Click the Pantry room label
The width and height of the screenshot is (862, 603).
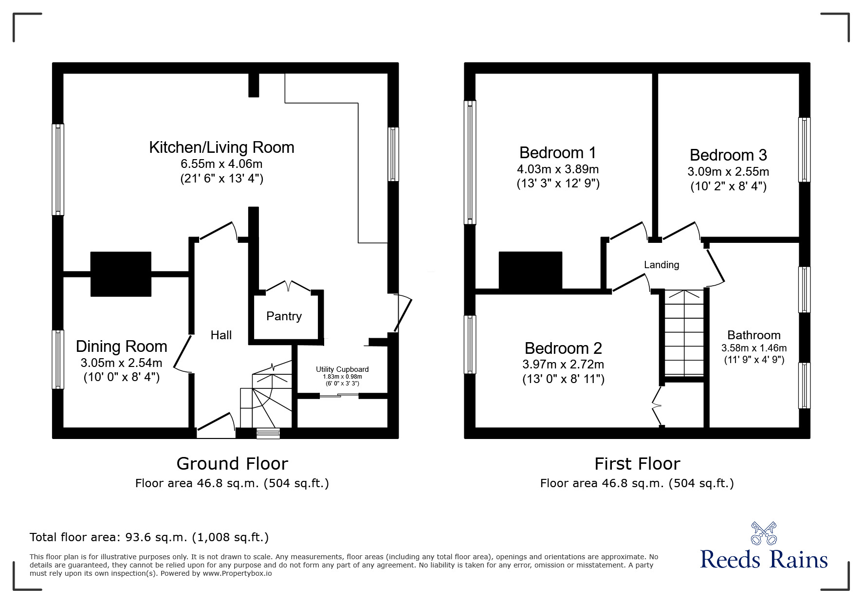pos(284,316)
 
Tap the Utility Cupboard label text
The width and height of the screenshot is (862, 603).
pos(342,369)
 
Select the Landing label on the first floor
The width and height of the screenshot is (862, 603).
pos(661,265)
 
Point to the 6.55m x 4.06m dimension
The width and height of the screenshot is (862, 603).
pos(221,164)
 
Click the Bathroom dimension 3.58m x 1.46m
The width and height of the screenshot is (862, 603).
pos(753,348)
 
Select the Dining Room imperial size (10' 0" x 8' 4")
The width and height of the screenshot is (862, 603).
pos(121,377)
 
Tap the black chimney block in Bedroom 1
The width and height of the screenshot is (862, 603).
pos(530,270)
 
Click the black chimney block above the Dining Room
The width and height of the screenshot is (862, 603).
pos(121,274)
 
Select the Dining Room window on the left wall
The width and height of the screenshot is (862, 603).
pos(58,359)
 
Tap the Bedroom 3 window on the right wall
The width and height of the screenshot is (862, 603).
pos(805,150)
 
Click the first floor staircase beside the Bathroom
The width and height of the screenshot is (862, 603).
pos(684,333)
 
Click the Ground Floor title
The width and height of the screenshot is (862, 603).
pos(232,464)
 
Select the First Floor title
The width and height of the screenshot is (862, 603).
pos(637,464)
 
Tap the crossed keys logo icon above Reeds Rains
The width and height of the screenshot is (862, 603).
pos(763,533)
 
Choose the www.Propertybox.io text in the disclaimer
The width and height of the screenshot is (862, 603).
pos(237,573)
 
